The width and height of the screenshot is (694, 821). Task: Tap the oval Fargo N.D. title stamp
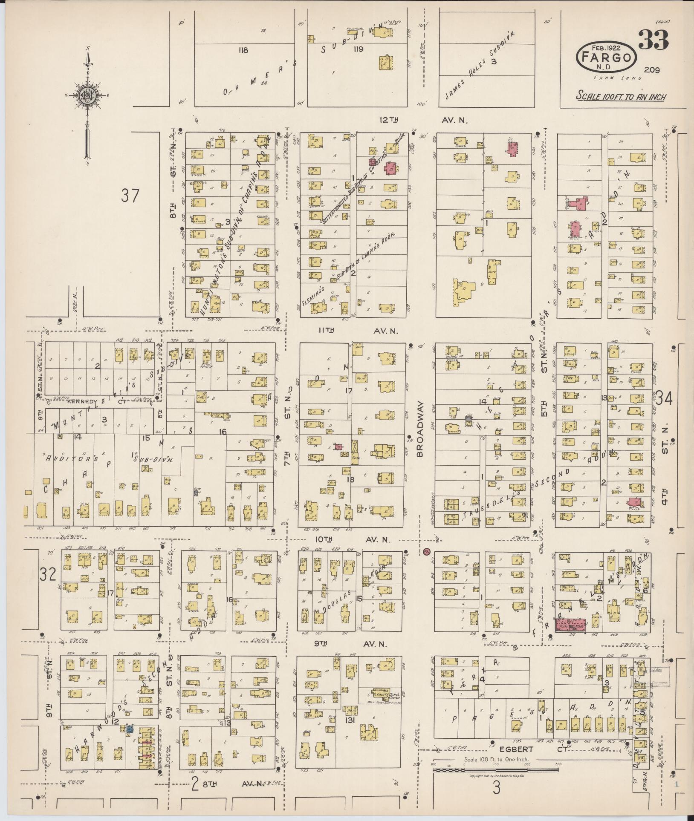click(606, 57)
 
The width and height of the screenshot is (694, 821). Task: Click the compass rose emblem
click(87, 96)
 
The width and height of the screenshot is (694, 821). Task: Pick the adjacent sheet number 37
click(130, 196)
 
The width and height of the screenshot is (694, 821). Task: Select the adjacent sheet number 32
click(48, 575)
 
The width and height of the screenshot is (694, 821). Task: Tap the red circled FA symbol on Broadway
click(427, 552)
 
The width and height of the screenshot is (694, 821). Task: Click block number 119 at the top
click(357, 49)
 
